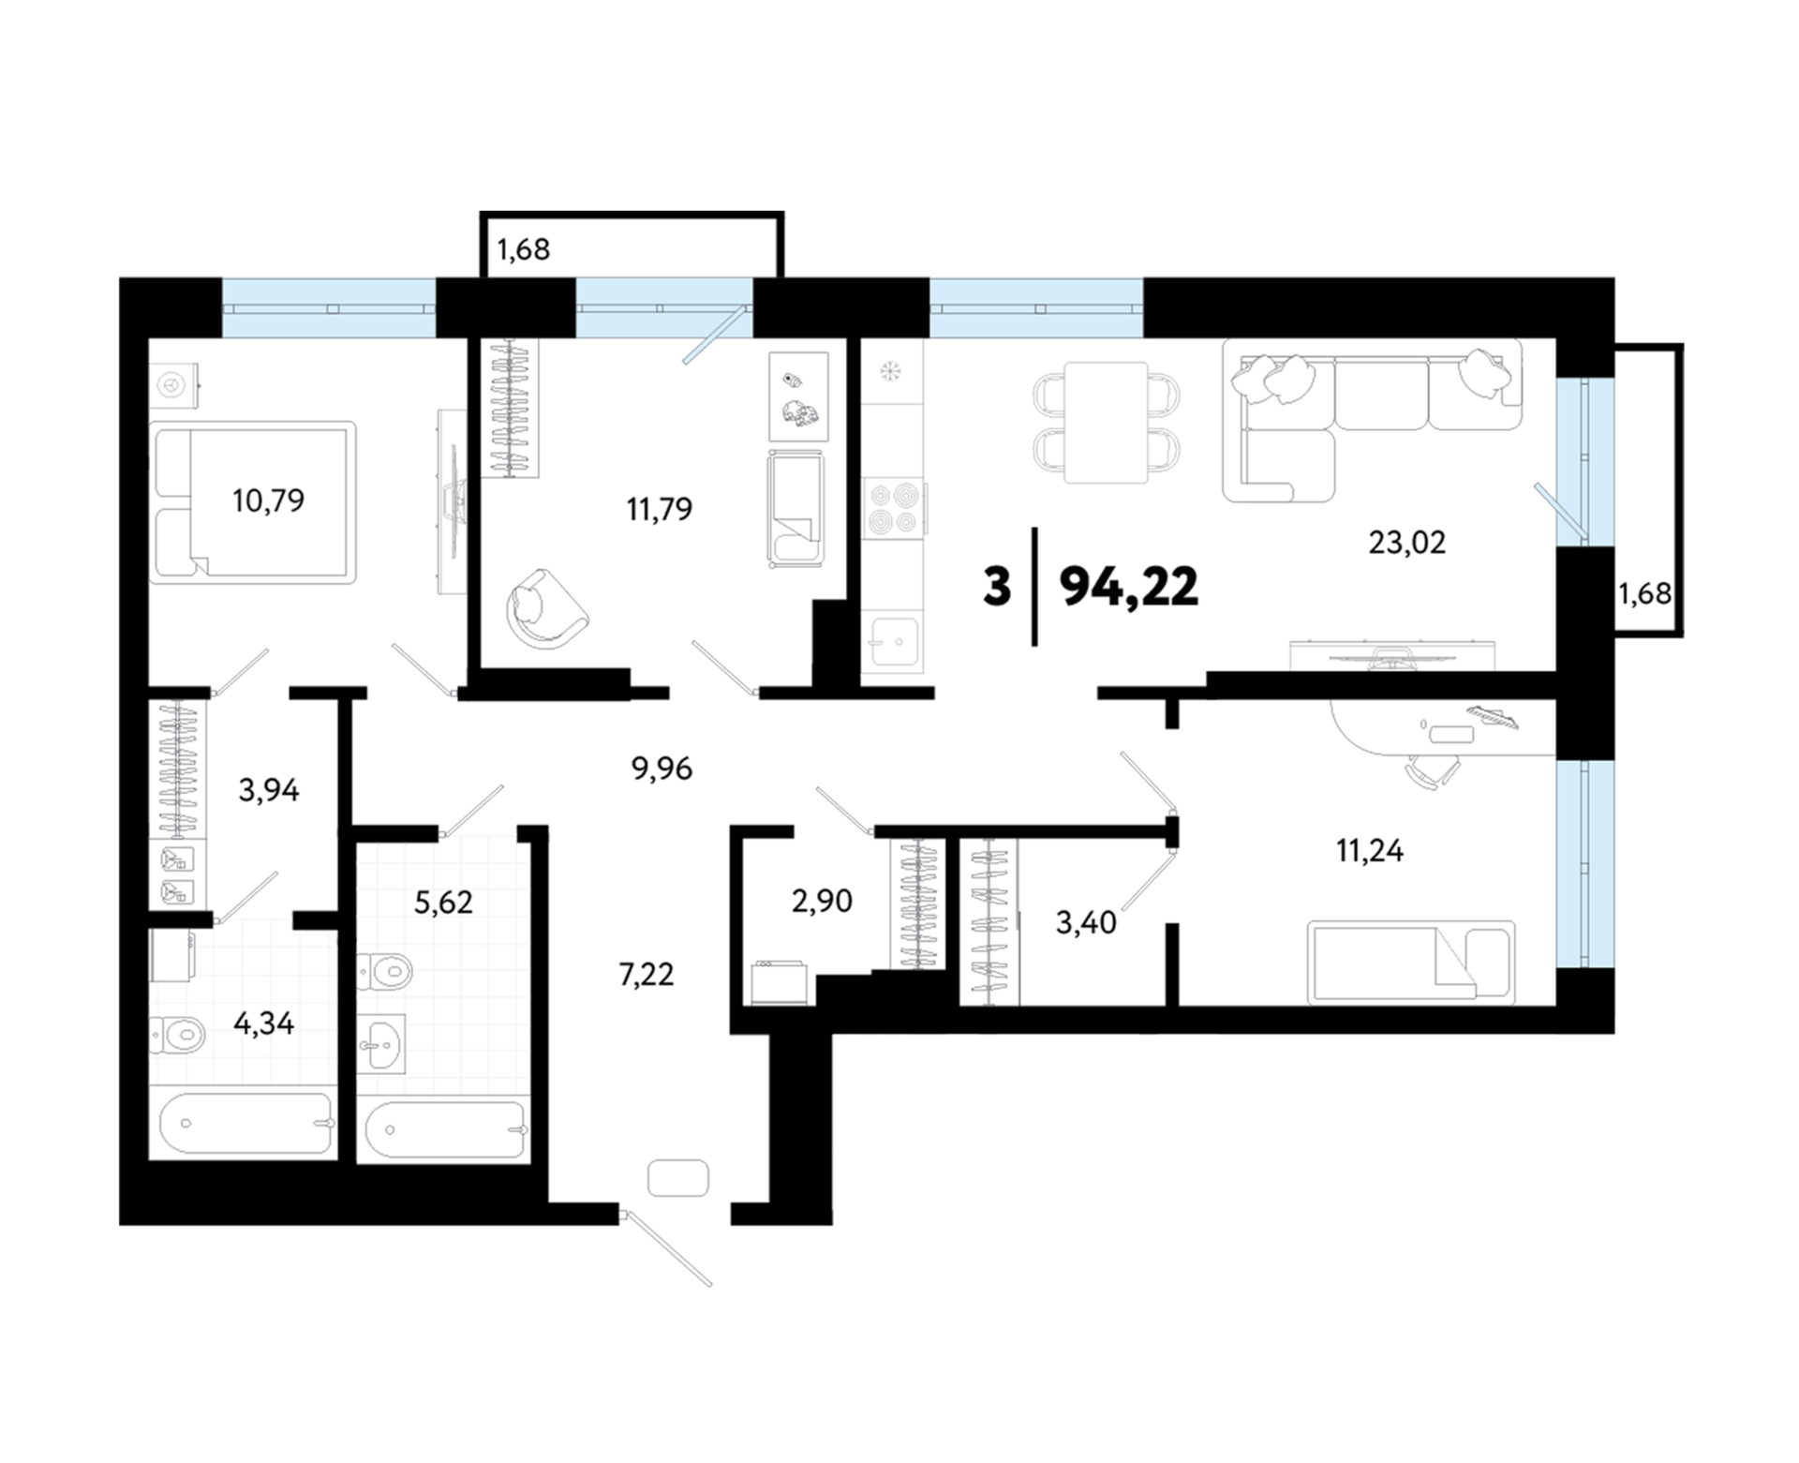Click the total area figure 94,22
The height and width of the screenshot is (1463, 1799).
pyautogui.click(x=1128, y=588)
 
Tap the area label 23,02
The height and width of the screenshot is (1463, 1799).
pyautogui.click(x=1406, y=542)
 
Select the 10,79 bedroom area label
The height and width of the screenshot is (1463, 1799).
pyautogui.click(x=268, y=500)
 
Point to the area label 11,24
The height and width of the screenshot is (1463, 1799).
pyautogui.click(x=1369, y=850)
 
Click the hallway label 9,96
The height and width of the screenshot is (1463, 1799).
pyautogui.click(x=662, y=769)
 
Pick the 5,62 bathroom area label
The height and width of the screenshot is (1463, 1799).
pyautogui.click(x=443, y=902)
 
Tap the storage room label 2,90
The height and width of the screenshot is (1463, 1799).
pyautogui.click(x=822, y=901)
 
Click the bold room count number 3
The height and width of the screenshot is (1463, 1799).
pyautogui.click(x=997, y=587)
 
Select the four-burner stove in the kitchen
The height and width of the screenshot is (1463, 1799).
pyautogui.click(x=892, y=508)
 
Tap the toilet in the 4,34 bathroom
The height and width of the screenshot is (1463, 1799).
pyautogui.click(x=178, y=1035)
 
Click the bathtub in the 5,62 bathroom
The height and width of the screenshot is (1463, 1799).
pyautogui.click(x=445, y=1128)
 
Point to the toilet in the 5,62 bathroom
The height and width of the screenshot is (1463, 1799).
pyautogui.click(x=385, y=970)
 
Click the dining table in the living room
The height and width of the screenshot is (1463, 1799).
pyautogui.click(x=1107, y=422)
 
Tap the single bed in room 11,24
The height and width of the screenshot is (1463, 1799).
pyautogui.click(x=1411, y=962)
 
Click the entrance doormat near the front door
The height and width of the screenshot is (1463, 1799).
pyautogui.click(x=677, y=1177)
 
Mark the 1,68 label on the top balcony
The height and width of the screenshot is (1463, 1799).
pyautogui.click(x=523, y=249)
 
